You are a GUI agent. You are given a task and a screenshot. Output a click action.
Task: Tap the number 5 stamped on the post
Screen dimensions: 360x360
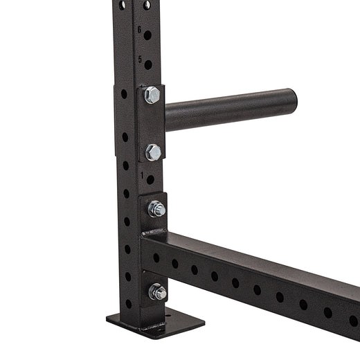point(139,60)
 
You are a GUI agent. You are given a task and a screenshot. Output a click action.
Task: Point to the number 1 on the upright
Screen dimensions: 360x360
point(143,177)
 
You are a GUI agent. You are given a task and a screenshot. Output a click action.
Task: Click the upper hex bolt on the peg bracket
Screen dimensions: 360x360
point(152,96)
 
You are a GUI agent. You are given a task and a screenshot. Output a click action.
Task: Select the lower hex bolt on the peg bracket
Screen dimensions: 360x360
point(153,152)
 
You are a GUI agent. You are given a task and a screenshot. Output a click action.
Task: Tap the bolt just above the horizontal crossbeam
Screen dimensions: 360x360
point(156,208)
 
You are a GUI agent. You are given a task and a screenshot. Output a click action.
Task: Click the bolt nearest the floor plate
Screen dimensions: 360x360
point(158,292)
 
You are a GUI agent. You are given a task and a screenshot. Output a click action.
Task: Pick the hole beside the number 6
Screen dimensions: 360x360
point(147,33)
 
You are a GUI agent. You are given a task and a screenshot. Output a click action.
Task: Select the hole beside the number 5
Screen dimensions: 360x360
point(147,64)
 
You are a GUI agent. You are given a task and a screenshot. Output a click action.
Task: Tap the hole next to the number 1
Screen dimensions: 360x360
point(150,180)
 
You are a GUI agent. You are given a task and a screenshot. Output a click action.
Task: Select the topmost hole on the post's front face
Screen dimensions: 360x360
point(147,5)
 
